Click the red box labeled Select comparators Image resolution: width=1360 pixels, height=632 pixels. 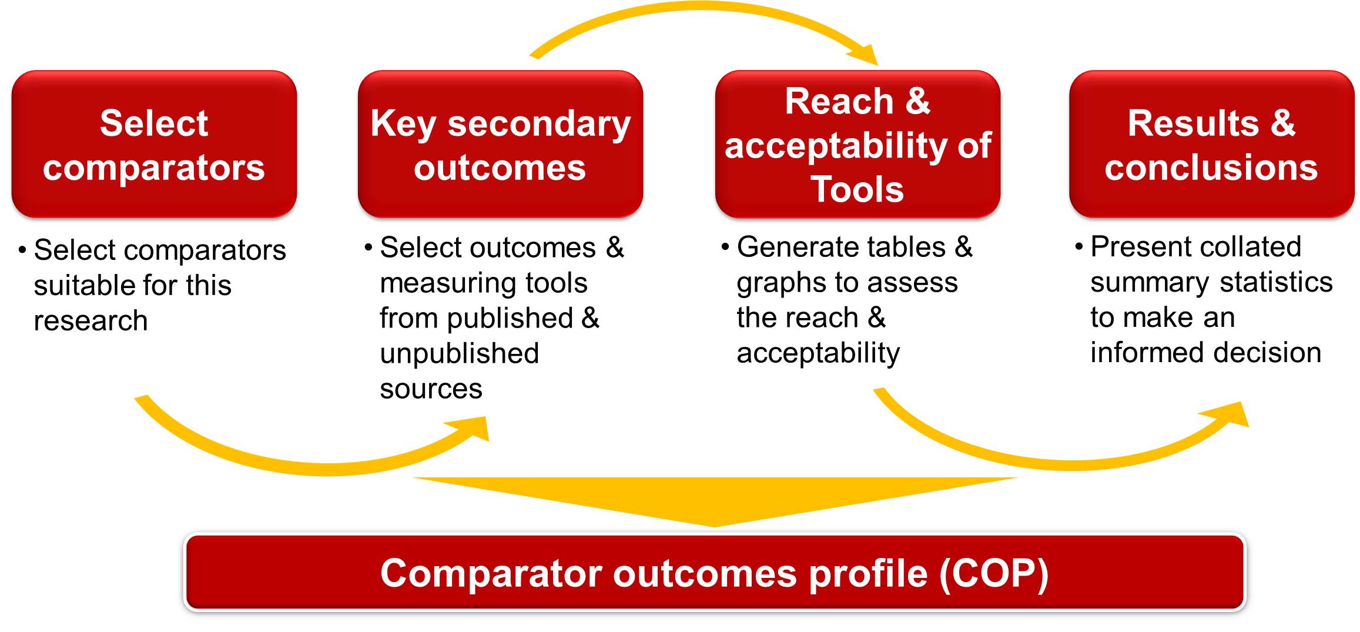(x=154, y=144)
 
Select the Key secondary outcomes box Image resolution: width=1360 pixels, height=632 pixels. (x=500, y=144)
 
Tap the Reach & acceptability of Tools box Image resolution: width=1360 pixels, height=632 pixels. (x=857, y=144)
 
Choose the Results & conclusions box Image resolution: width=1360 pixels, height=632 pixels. (x=1211, y=144)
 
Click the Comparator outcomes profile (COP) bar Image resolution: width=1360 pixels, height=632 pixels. (x=715, y=572)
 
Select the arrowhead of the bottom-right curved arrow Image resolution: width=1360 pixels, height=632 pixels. (x=1228, y=414)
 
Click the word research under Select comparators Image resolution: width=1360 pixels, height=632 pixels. (x=91, y=321)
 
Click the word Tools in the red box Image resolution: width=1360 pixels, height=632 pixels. (x=857, y=189)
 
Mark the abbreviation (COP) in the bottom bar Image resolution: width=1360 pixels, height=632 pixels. (x=994, y=573)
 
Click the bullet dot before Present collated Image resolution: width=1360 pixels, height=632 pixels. (x=1079, y=246)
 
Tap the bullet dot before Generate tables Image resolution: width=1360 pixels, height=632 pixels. (x=725, y=246)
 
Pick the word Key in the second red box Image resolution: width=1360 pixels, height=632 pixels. (x=403, y=125)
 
